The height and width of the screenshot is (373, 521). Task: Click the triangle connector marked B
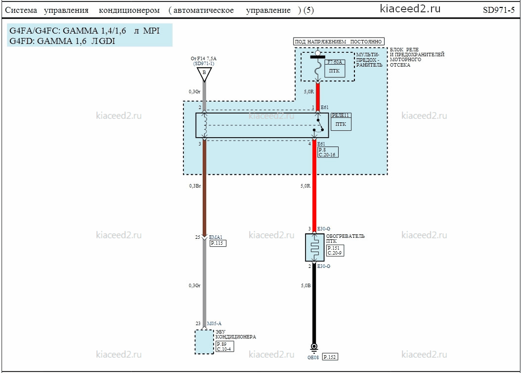tap(204, 74)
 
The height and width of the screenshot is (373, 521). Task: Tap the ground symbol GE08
tap(314, 348)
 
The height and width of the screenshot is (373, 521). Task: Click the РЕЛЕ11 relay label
tap(341, 115)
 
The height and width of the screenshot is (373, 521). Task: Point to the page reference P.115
tap(218, 243)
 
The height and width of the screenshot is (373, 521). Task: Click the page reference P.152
tap(330, 357)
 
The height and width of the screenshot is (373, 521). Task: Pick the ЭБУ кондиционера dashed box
tap(204, 341)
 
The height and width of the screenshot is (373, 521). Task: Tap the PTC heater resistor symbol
tap(314, 247)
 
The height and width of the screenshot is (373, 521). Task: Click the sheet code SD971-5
tap(498, 10)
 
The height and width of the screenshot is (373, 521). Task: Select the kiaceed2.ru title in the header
tap(410, 9)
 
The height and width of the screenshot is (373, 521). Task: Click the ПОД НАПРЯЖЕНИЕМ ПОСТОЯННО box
tap(339, 41)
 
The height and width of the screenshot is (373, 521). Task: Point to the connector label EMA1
tap(216, 237)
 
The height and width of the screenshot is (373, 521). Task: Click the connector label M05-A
tap(214, 323)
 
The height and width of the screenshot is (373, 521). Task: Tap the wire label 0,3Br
tap(195, 186)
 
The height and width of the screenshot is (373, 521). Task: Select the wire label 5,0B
tap(305, 286)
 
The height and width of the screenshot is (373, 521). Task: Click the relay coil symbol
tap(205, 125)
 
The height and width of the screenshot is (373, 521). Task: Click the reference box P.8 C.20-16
tap(328, 152)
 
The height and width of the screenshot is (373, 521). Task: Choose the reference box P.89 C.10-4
tap(224, 346)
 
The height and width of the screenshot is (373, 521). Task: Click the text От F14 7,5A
tap(203, 59)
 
